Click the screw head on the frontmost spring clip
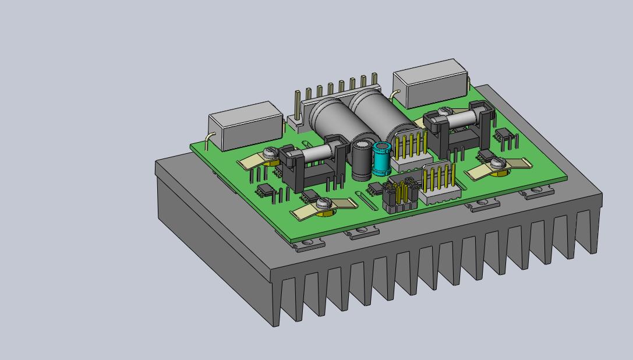324,203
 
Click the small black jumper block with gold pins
401,196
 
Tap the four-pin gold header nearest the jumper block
440,183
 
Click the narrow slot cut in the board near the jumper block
367,201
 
